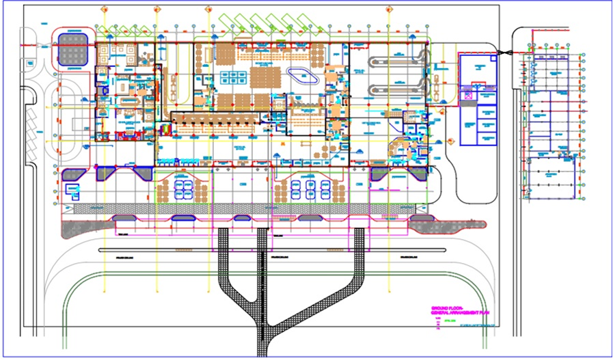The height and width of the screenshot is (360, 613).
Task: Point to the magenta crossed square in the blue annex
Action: tap(468, 96)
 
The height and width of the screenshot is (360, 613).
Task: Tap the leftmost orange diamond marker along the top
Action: tap(104, 9)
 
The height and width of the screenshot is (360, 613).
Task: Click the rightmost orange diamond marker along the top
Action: tap(389, 9)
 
